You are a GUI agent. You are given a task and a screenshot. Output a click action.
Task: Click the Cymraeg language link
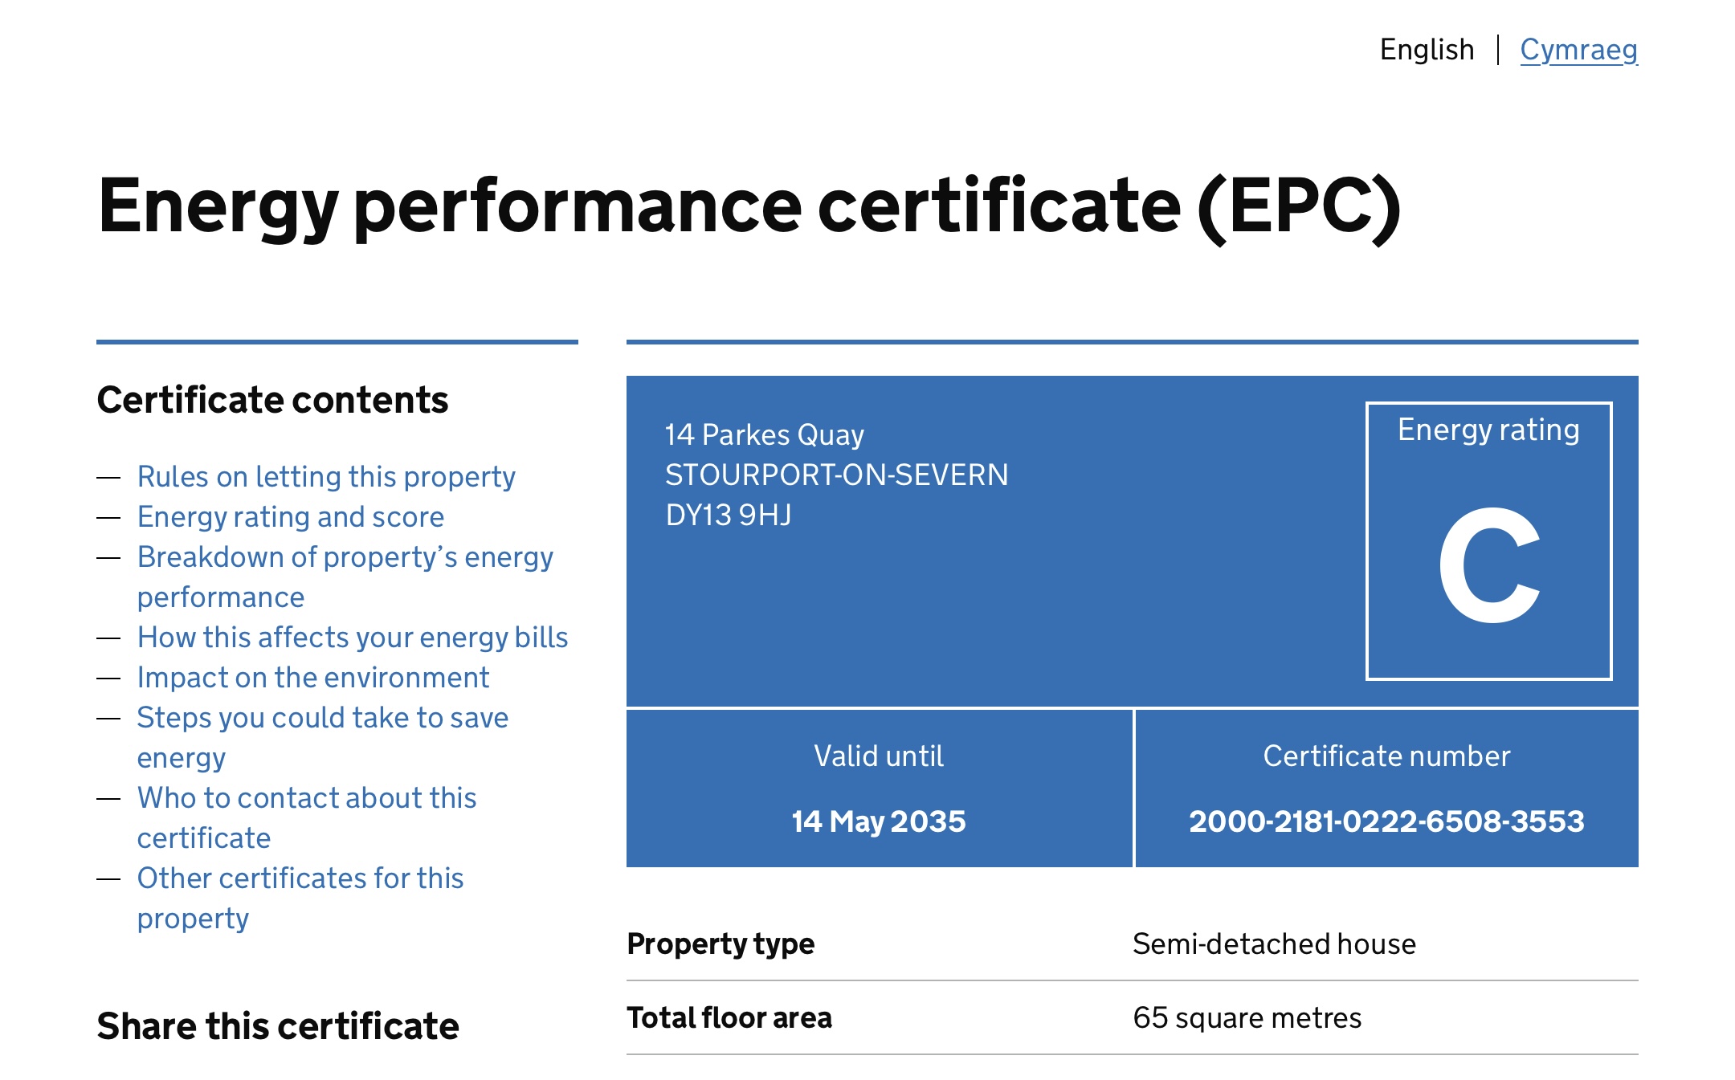click(x=1578, y=50)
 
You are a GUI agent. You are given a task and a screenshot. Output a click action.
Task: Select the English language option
click(x=1427, y=50)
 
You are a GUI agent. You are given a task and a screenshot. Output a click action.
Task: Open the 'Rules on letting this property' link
click(x=326, y=476)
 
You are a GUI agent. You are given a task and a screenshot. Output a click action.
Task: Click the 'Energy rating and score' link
click(x=291, y=516)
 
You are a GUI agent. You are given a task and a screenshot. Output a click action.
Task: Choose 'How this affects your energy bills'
click(x=353, y=637)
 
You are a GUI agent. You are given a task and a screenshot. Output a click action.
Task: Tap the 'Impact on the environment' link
click(x=313, y=677)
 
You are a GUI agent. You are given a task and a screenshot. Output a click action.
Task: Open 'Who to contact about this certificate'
click(x=307, y=817)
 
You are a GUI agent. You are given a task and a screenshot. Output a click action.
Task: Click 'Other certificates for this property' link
click(x=300, y=898)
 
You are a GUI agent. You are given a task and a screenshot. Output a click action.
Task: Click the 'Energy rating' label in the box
click(x=1488, y=430)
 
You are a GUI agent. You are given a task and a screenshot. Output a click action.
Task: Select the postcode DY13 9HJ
click(x=729, y=515)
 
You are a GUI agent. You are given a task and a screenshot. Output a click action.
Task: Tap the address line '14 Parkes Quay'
click(x=765, y=434)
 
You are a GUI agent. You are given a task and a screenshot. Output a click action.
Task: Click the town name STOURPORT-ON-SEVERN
click(x=837, y=475)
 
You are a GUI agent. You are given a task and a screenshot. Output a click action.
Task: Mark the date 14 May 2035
click(x=879, y=821)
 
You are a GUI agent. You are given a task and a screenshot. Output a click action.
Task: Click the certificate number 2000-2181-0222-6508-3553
click(x=1387, y=821)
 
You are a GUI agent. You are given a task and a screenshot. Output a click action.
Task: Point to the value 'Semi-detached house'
click(x=1275, y=943)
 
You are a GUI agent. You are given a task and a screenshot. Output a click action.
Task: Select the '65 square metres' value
click(x=1247, y=1017)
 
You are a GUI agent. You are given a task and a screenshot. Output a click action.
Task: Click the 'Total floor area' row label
click(x=729, y=1017)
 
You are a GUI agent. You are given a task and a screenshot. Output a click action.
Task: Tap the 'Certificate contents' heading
click(x=273, y=399)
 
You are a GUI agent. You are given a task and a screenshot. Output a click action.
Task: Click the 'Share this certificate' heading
click(x=278, y=1025)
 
